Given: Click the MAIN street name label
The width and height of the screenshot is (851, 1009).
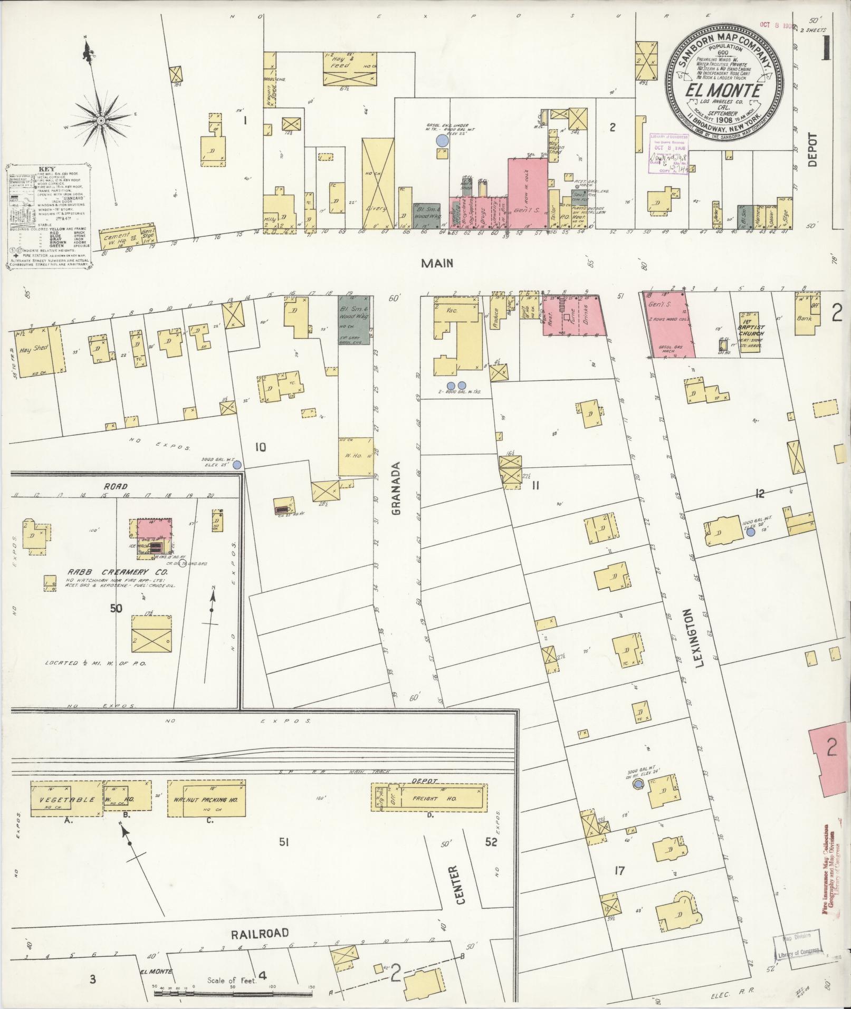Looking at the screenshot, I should tap(437, 263).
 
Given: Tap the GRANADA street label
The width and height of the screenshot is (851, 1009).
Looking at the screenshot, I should tap(397, 489).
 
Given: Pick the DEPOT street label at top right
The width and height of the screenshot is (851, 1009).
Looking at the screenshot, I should tap(811, 150).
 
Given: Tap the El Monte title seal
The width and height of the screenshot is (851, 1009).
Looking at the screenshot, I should tap(723, 85).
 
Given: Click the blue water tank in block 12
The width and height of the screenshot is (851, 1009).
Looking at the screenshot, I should tap(750, 532).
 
